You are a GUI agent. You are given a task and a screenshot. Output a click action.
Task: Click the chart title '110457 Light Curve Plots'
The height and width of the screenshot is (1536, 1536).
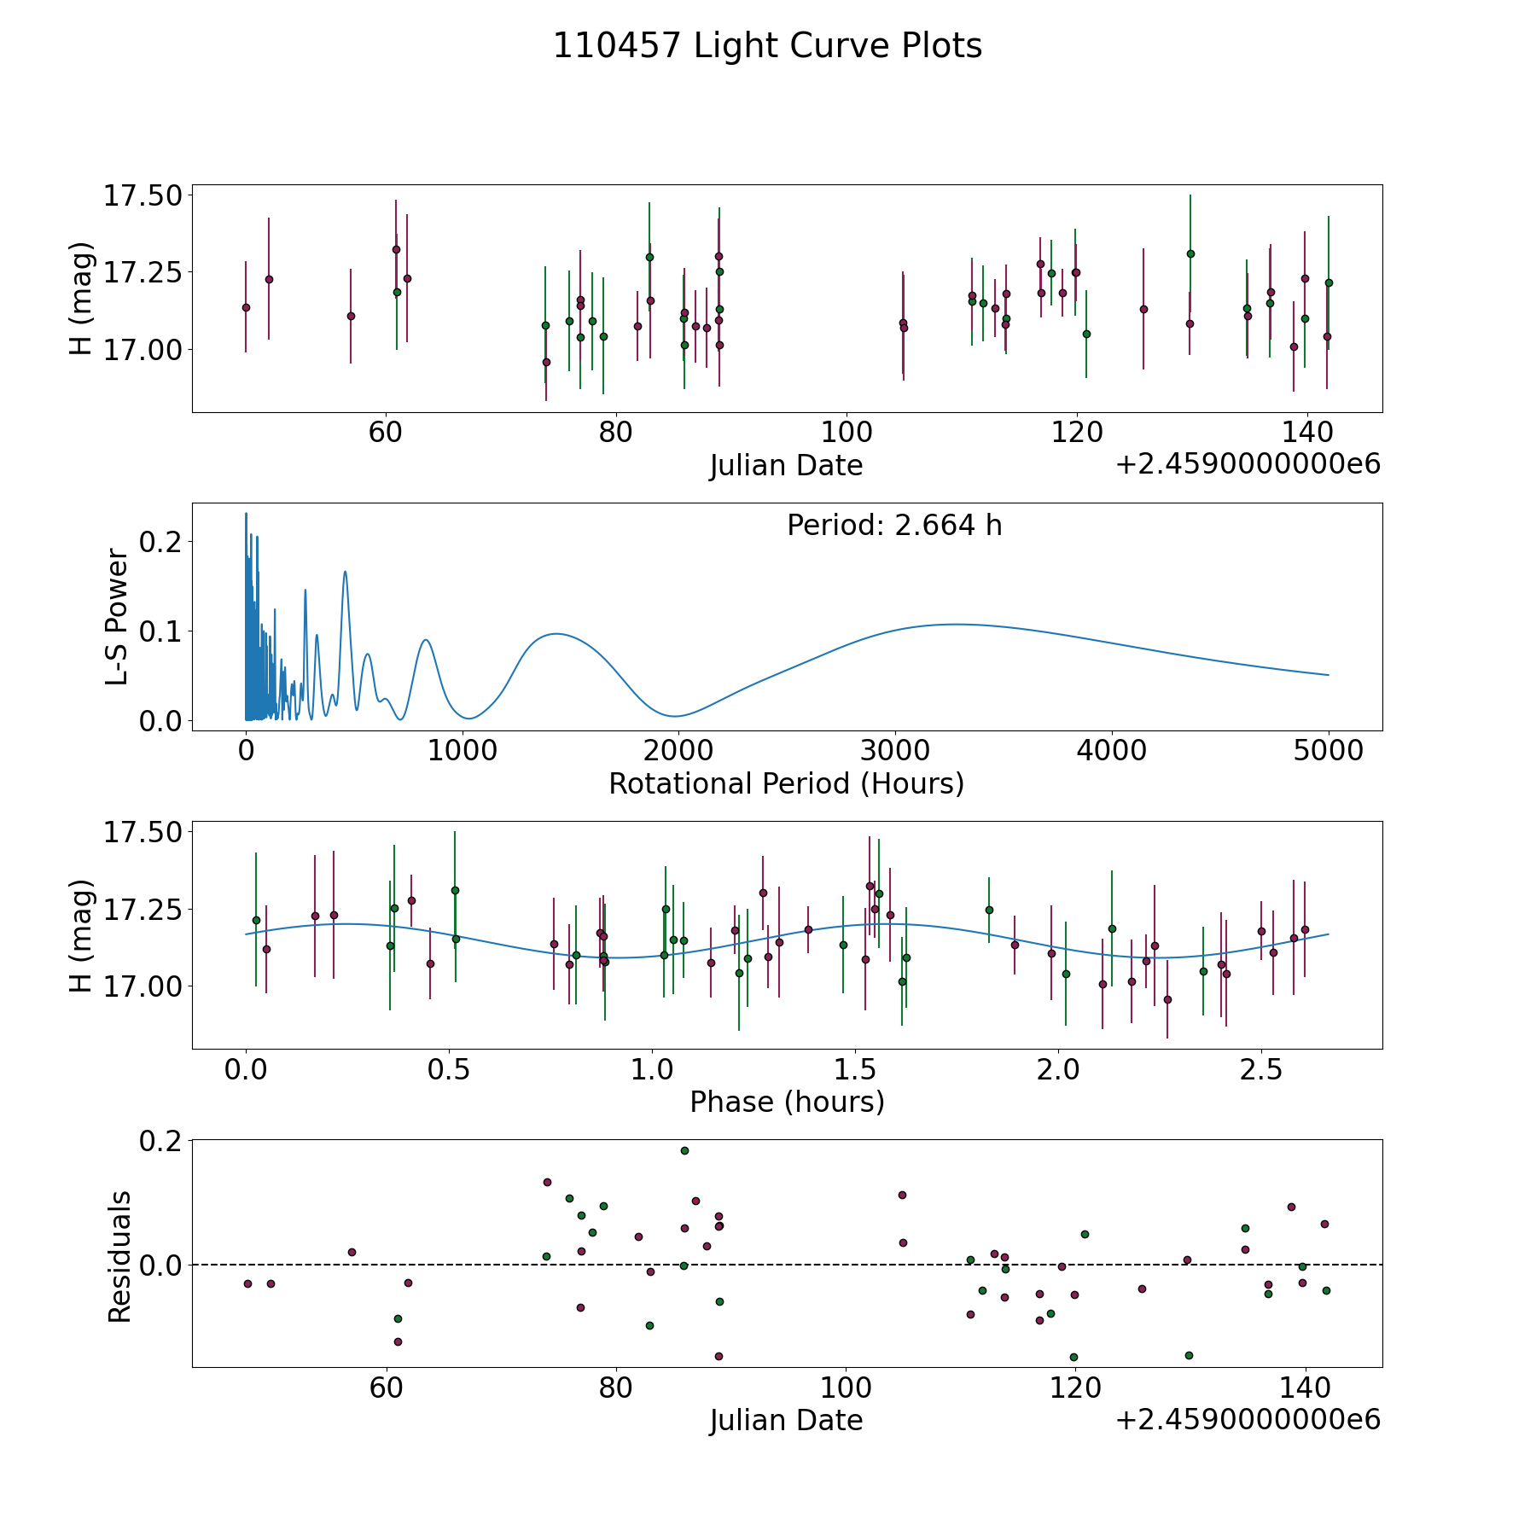pos(767,46)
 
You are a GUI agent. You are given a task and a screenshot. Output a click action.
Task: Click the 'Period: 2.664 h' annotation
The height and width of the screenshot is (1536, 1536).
pos(894,526)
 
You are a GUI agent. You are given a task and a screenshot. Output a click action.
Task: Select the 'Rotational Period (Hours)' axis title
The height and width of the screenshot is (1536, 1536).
pos(786,783)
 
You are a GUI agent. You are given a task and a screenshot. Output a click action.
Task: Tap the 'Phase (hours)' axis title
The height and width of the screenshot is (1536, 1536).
pos(787,1103)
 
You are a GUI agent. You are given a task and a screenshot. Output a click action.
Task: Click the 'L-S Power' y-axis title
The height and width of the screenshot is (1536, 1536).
pos(118,617)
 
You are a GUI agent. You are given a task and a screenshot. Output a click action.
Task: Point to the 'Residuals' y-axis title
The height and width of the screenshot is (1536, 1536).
pos(119,1256)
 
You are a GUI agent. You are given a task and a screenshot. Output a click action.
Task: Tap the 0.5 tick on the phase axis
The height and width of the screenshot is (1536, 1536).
pos(449,1069)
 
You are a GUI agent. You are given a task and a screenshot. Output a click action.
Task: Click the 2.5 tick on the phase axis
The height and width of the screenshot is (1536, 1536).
pos(1261,1069)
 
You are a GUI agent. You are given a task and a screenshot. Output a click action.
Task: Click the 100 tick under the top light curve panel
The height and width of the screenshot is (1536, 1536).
pos(846,432)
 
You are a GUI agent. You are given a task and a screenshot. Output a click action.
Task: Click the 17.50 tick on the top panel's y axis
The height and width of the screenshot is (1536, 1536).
pos(143,195)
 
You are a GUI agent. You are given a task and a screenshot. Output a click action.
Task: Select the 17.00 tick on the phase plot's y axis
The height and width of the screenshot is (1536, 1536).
pos(143,986)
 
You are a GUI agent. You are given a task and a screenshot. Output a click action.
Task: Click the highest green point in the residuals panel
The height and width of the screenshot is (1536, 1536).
pos(684,1150)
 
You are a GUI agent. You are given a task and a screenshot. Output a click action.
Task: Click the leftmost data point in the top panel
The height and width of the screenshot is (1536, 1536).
pos(246,307)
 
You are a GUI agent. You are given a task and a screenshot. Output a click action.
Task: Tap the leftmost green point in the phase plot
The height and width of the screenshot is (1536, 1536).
pos(256,920)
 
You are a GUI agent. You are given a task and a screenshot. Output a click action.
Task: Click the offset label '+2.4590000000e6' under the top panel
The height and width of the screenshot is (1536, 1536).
pos(1248,465)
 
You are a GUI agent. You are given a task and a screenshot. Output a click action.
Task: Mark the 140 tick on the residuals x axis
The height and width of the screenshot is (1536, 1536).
pos(1306,1387)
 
